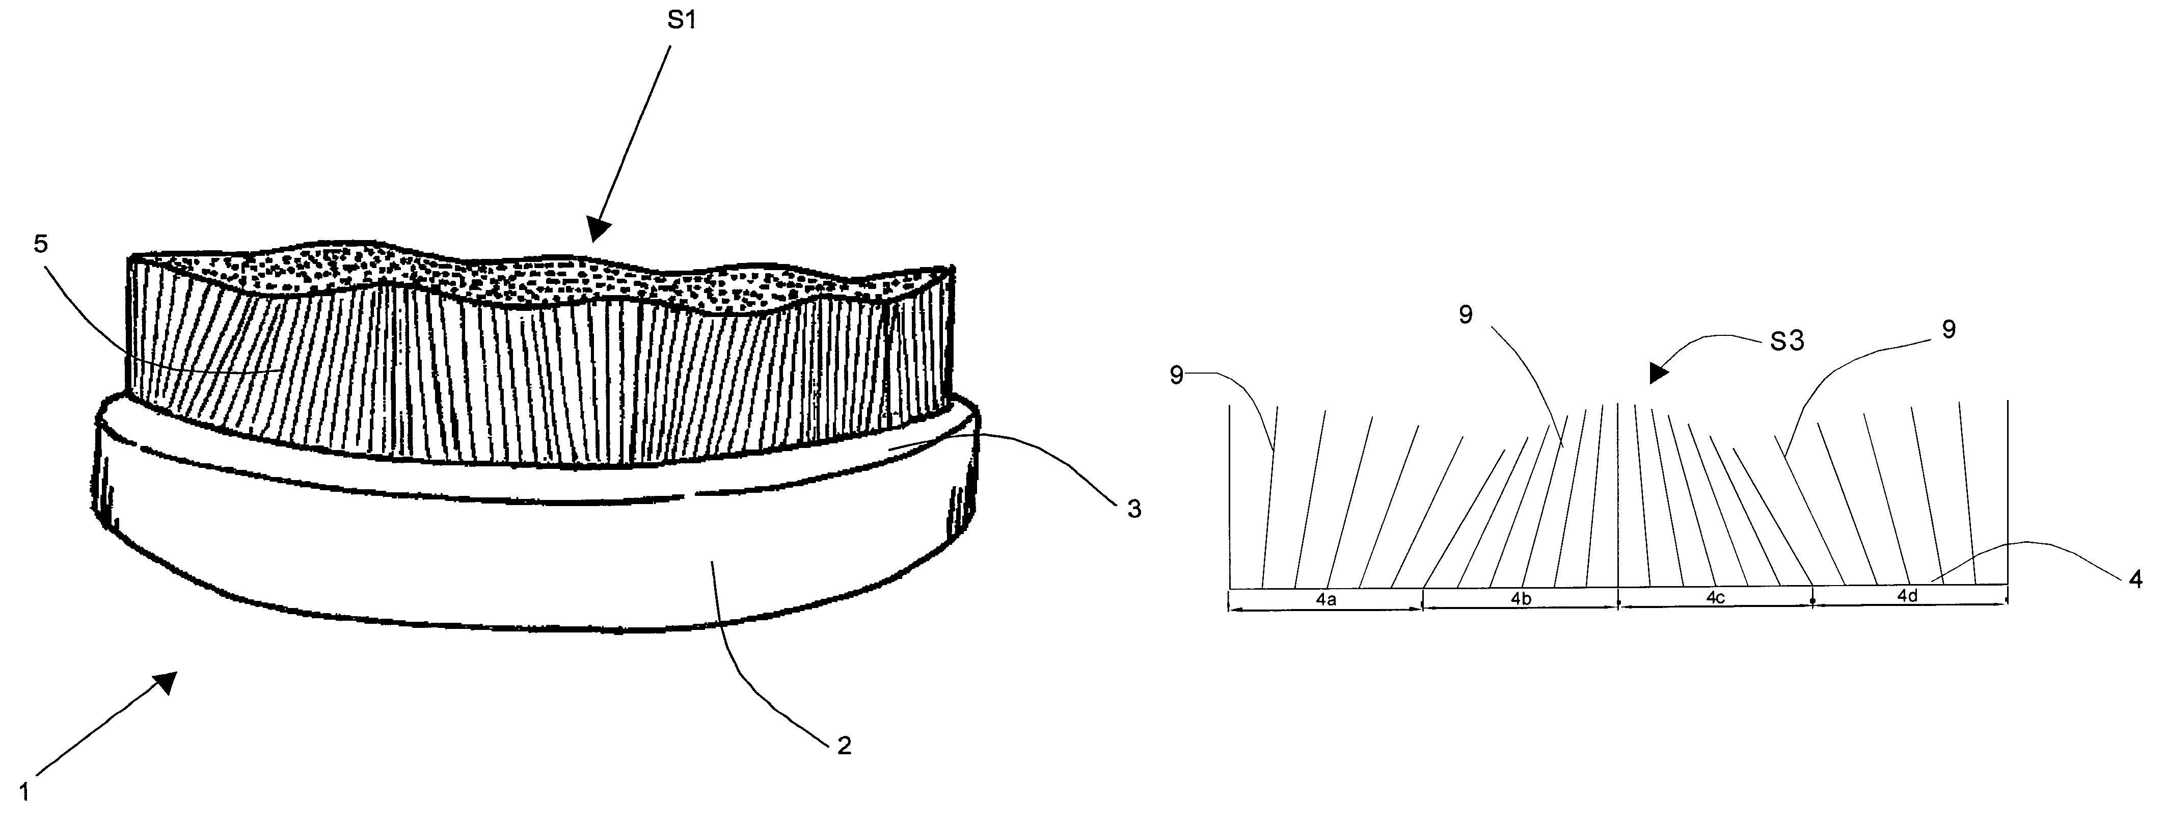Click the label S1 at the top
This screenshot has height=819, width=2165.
682,20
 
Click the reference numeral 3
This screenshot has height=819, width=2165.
1134,509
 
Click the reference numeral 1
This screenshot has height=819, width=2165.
25,792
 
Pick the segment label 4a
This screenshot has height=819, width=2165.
1326,599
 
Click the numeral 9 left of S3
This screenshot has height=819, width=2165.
1466,315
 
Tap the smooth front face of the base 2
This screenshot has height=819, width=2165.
538,563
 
